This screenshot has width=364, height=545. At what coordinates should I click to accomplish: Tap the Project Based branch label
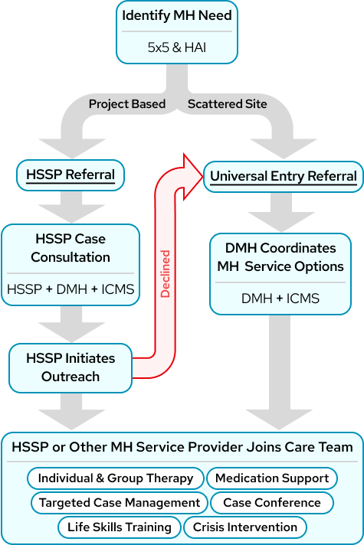point(126,104)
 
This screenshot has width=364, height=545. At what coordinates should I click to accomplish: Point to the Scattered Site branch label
point(228,104)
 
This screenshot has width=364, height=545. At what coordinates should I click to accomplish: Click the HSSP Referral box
point(71,175)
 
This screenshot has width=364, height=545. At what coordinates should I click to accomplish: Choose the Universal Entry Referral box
point(284,177)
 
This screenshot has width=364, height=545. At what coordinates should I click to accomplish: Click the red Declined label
point(166,272)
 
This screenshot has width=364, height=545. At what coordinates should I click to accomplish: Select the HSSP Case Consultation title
point(71,247)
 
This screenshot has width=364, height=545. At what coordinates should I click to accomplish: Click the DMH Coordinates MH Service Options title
point(280,258)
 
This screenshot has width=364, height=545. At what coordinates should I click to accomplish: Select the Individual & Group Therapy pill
point(116,478)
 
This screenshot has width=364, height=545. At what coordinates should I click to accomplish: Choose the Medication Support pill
point(272,478)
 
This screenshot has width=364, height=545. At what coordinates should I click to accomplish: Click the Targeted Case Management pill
point(120,503)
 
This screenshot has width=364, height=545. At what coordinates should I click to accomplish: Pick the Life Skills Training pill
point(120,527)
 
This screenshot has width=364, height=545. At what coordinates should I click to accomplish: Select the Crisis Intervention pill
point(245,527)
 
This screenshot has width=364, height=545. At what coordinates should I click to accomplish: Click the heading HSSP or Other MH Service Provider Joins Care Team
point(182,447)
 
